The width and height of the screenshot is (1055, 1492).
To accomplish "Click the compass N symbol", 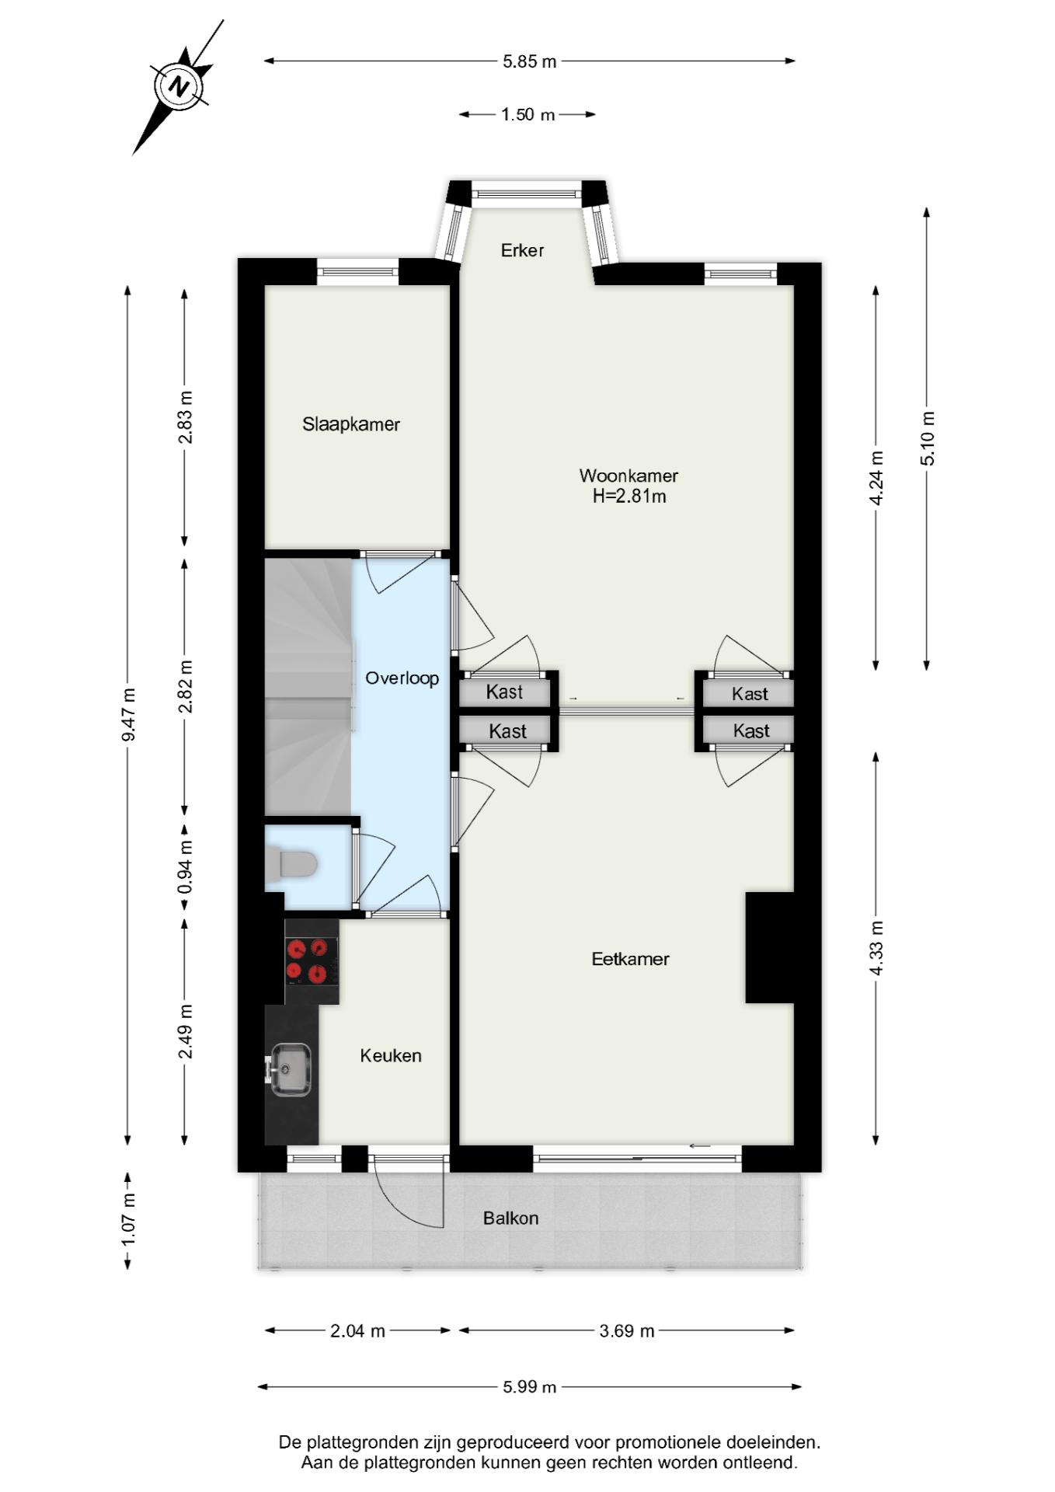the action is (x=180, y=85).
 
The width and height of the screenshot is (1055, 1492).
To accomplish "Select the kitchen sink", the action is (x=289, y=1069).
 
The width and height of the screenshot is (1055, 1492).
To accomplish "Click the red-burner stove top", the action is (x=312, y=961).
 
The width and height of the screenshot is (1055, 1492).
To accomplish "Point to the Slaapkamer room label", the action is (x=351, y=424).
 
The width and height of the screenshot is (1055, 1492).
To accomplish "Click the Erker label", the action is (x=522, y=250).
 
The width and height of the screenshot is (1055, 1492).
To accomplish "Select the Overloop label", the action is (x=402, y=678).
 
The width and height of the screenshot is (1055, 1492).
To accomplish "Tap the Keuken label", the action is (x=391, y=1055).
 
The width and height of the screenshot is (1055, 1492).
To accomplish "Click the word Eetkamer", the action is (x=630, y=959).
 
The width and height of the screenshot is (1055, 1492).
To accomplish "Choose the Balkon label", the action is (x=510, y=1218).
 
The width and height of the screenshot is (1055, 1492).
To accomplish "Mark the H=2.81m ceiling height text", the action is (x=629, y=497).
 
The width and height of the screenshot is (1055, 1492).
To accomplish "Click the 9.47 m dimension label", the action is (x=129, y=714).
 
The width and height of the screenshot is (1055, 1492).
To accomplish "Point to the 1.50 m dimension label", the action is (x=528, y=115).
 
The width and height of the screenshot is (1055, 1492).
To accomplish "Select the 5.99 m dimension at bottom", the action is (x=530, y=1386).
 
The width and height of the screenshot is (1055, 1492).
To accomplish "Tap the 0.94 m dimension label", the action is (x=185, y=867).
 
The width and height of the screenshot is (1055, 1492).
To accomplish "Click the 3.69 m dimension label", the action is (x=627, y=1330).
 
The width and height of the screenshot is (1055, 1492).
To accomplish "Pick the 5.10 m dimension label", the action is (x=928, y=438).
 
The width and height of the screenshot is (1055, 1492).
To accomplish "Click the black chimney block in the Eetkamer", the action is (x=770, y=947).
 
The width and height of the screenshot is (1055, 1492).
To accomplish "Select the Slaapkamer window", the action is (x=357, y=272).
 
